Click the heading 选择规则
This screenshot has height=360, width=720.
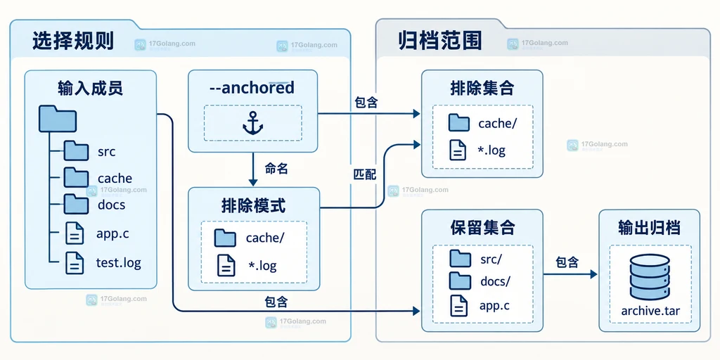[x=73, y=41]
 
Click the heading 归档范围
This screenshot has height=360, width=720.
[x=440, y=41]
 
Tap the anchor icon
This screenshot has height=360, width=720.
[x=252, y=123]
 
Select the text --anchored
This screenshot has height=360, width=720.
[x=252, y=88]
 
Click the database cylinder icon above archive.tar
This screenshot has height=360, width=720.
[x=650, y=277]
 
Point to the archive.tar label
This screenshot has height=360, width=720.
[x=650, y=311]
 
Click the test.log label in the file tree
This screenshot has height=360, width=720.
[x=118, y=263]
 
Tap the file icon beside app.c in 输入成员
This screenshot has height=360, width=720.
[x=75, y=233]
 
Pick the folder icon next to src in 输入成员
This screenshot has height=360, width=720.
[x=76, y=150]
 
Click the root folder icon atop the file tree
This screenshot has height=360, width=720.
[x=58, y=118]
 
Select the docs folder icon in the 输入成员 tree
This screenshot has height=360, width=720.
[x=76, y=204]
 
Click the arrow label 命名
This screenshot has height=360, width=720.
[x=276, y=169]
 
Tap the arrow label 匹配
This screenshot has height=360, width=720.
[x=365, y=174]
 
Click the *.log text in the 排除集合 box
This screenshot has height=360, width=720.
[x=491, y=150]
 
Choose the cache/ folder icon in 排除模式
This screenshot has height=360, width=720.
[x=225, y=238]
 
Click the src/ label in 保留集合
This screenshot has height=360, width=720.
[x=491, y=259]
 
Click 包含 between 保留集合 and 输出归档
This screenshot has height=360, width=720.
[x=567, y=262]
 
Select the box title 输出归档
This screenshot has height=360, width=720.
[x=649, y=228]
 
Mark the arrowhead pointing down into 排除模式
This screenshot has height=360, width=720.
[x=253, y=182]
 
